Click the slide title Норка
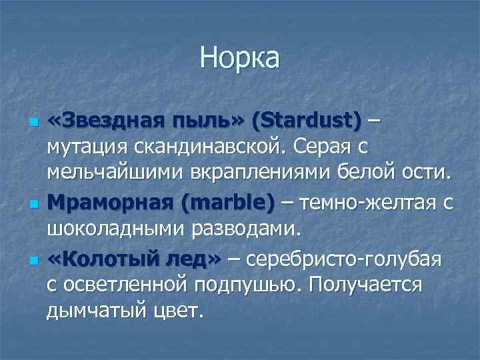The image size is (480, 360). coord(240,58)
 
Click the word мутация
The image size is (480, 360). coord(87,145)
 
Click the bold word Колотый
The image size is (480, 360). coord(107,259)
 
